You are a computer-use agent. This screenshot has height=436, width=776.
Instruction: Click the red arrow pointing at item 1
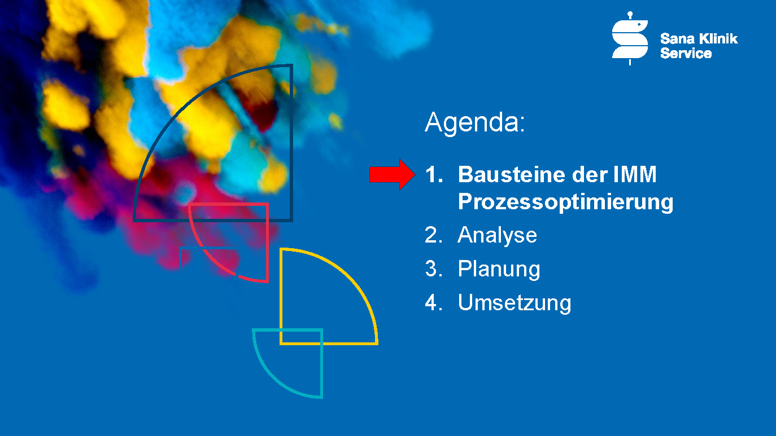point(392,174)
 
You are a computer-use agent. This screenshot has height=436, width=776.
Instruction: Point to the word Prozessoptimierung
point(566,202)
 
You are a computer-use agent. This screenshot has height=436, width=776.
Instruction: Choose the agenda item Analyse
point(497,236)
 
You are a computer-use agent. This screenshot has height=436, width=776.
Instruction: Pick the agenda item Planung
point(499,270)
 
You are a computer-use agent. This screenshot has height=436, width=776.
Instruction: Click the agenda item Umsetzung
point(515,303)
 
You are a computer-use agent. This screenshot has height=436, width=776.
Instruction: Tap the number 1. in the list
point(434,174)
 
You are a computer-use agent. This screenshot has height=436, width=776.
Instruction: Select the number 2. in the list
point(434,235)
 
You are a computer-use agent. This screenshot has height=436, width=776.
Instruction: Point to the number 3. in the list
point(434,269)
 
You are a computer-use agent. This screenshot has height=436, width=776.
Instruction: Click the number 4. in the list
point(434,302)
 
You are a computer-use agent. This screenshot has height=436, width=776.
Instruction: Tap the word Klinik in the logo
point(718,39)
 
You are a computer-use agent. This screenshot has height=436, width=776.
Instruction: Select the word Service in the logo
point(686,53)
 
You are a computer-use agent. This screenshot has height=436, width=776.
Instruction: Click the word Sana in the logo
point(677,39)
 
